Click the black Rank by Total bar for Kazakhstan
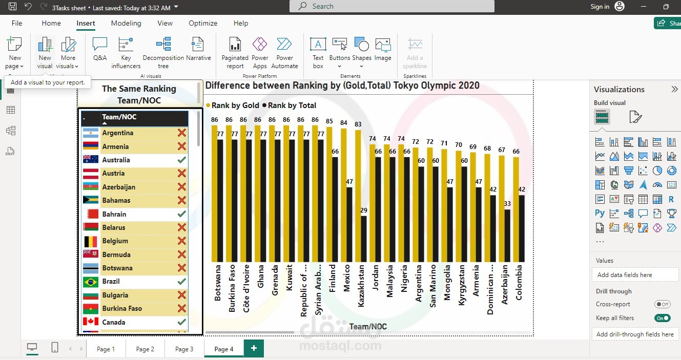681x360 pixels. (x=364, y=239)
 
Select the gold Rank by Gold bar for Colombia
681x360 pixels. (x=516, y=209)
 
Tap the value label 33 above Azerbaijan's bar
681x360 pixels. (x=507, y=203)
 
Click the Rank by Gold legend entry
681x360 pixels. (x=233, y=105)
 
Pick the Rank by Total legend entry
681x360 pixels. (x=289, y=105)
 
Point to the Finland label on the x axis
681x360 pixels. (x=332, y=278)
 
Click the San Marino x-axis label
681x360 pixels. (x=432, y=286)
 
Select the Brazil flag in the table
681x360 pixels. (x=91, y=282)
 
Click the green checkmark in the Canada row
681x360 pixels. (x=181, y=322)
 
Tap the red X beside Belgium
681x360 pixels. (x=182, y=241)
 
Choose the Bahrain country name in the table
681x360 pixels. (x=114, y=214)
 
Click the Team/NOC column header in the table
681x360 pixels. (x=119, y=117)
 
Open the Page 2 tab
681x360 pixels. (x=145, y=349)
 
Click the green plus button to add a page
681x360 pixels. (x=254, y=348)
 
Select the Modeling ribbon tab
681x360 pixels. (x=126, y=23)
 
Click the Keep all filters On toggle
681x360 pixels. (x=663, y=318)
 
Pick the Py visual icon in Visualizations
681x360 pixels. (x=600, y=213)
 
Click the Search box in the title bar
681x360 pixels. (x=392, y=6)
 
